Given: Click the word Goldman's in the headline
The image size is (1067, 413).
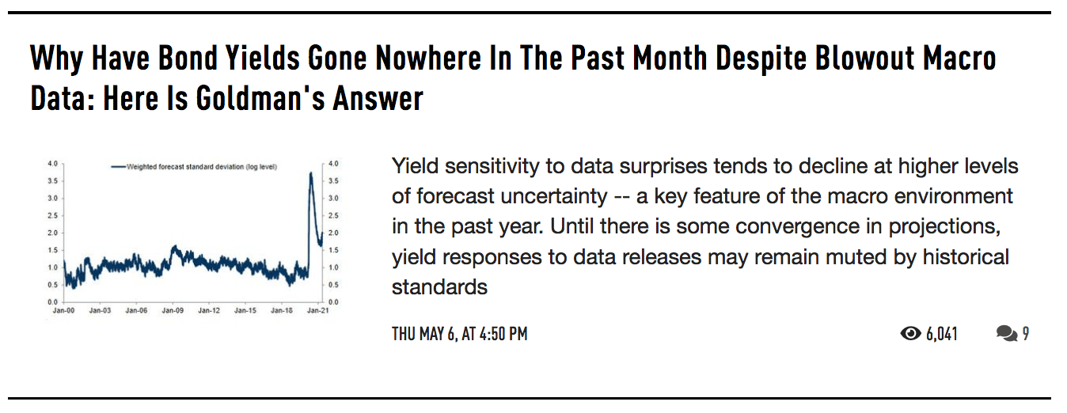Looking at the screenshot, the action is coord(260,98).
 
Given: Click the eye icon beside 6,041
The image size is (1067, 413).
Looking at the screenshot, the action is coord(910,333).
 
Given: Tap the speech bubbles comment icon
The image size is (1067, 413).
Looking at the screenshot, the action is coord(1007,333).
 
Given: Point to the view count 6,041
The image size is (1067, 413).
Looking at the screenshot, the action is coord(942,334).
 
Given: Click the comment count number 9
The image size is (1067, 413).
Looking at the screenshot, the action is coord(1026,333).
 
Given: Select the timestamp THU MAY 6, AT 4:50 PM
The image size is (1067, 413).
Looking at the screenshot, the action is coord(460,334).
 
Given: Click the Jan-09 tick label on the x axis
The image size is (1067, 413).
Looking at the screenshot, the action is coord(173,311).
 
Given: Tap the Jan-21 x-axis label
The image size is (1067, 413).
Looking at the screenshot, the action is coord(317,311).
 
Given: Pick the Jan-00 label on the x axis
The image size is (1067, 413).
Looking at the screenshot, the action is coord(63,311).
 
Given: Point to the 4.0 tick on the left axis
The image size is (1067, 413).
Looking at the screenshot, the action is coord(52,164).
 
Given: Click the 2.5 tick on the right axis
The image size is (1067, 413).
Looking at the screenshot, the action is coord(333,216).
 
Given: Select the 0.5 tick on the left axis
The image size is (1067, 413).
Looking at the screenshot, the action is coord(52,285).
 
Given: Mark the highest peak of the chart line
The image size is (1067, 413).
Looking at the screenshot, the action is coord(311,173).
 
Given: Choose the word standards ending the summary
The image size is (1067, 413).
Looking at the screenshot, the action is coord(439,287).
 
